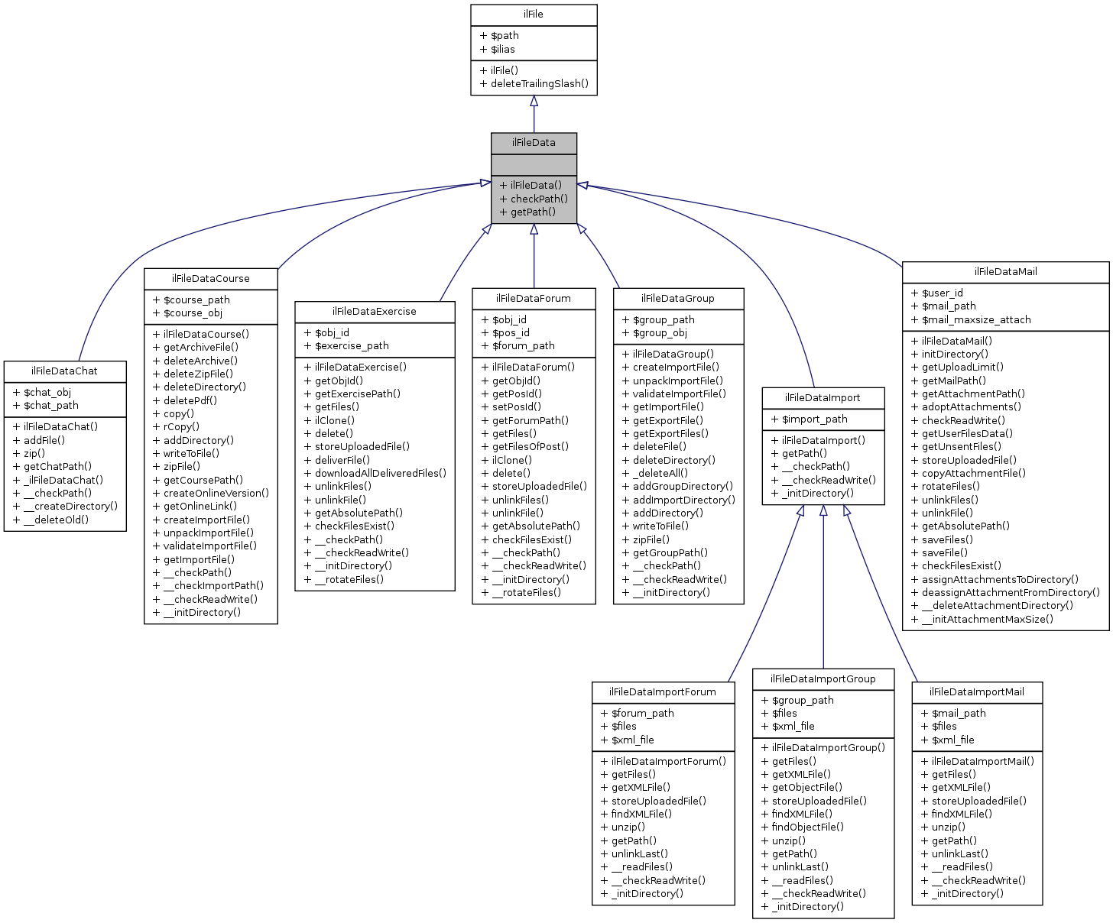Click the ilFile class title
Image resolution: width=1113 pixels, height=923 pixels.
coord(534,15)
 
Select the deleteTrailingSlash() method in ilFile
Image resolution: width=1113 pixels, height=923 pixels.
coord(534,83)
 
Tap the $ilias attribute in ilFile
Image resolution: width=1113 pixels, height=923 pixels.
coord(497,49)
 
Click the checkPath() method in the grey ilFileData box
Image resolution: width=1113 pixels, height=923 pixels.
coord(534,199)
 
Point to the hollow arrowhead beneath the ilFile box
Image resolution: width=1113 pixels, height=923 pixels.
coord(534,101)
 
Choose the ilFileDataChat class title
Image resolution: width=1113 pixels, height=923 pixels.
coord(64,371)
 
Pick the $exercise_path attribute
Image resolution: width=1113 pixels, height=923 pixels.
coord(346,345)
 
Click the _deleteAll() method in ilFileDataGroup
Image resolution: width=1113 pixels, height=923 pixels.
coord(654,473)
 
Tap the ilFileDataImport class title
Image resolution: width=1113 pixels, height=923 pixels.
coord(823,397)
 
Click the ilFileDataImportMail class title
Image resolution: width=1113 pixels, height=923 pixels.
coord(976,691)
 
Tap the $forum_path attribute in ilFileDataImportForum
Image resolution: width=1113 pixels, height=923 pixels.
coord(638,713)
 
